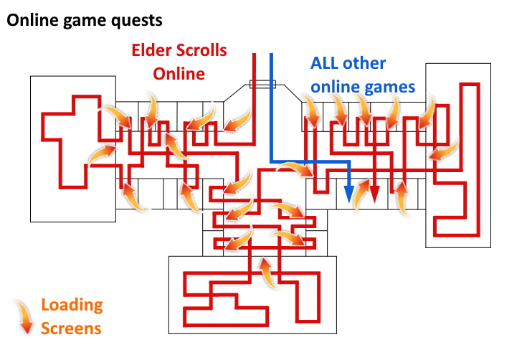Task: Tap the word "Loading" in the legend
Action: click(72, 305)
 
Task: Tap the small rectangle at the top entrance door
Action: click(262, 85)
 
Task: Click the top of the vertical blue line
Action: click(270, 55)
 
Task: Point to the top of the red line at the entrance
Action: click(255, 55)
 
